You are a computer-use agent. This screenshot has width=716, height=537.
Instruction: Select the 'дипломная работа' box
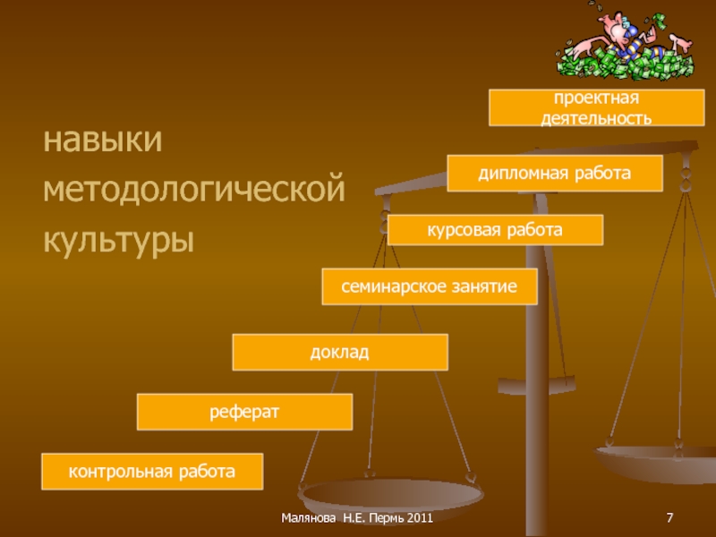click(555, 173)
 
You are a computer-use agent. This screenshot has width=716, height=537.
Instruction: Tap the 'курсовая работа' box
click(495, 230)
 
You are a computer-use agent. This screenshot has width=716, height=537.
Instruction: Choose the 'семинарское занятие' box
click(429, 286)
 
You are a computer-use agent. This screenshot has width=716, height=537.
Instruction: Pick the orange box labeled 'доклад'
click(339, 352)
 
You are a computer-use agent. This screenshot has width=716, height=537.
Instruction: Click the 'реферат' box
click(244, 412)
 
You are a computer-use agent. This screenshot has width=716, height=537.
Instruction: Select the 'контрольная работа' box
click(152, 471)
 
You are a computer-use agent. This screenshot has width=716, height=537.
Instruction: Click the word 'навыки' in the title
click(103, 141)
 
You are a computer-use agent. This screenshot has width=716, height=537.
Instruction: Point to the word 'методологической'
click(195, 191)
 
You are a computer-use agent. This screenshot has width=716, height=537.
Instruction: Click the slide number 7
click(669, 519)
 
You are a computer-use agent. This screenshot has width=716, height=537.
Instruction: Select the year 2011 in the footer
click(417, 519)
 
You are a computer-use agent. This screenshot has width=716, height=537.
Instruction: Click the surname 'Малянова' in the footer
click(309, 519)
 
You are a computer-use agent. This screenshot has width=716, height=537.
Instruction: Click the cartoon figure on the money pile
click(617, 40)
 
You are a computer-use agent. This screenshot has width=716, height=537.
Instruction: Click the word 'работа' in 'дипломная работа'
click(597, 173)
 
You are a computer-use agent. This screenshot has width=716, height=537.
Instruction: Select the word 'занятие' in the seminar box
click(484, 286)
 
